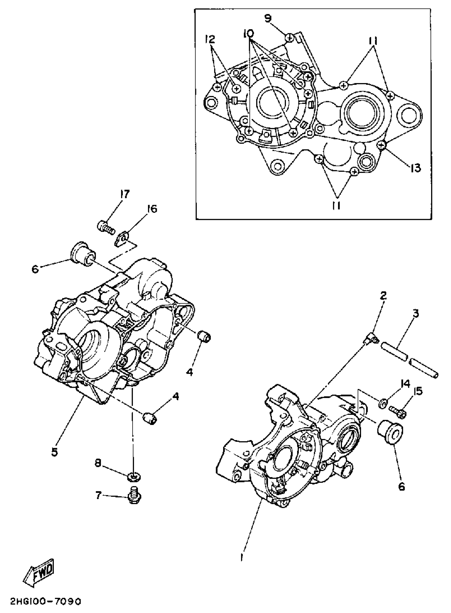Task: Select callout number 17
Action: point(125,195)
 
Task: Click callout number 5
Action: point(55,452)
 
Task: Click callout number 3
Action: point(415,314)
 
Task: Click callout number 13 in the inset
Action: point(415,168)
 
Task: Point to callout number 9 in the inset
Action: point(268,19)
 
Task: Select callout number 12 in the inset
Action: point(210,39)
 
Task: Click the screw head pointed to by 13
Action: point(381,145)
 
